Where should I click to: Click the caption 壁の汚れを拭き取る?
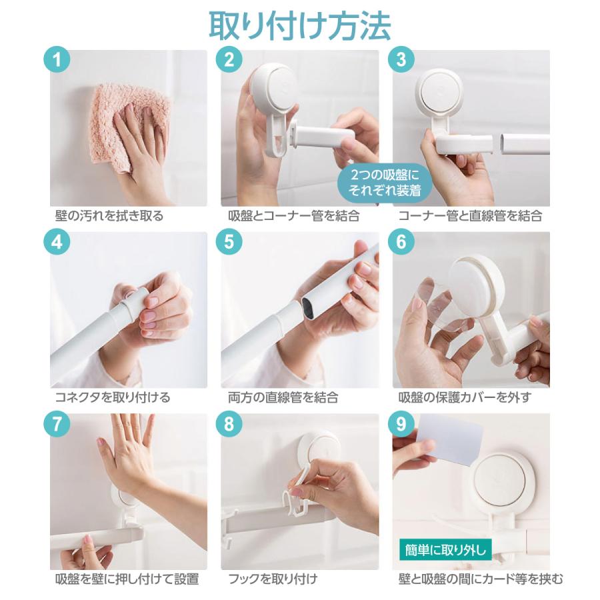click(x=109, y=216)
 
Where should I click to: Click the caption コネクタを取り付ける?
click(x=113, y=398)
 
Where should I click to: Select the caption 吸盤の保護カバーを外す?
click(x=465, y=398)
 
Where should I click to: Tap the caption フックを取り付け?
click(x=273, y=579)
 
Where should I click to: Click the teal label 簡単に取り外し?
click(x=445, y=551)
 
